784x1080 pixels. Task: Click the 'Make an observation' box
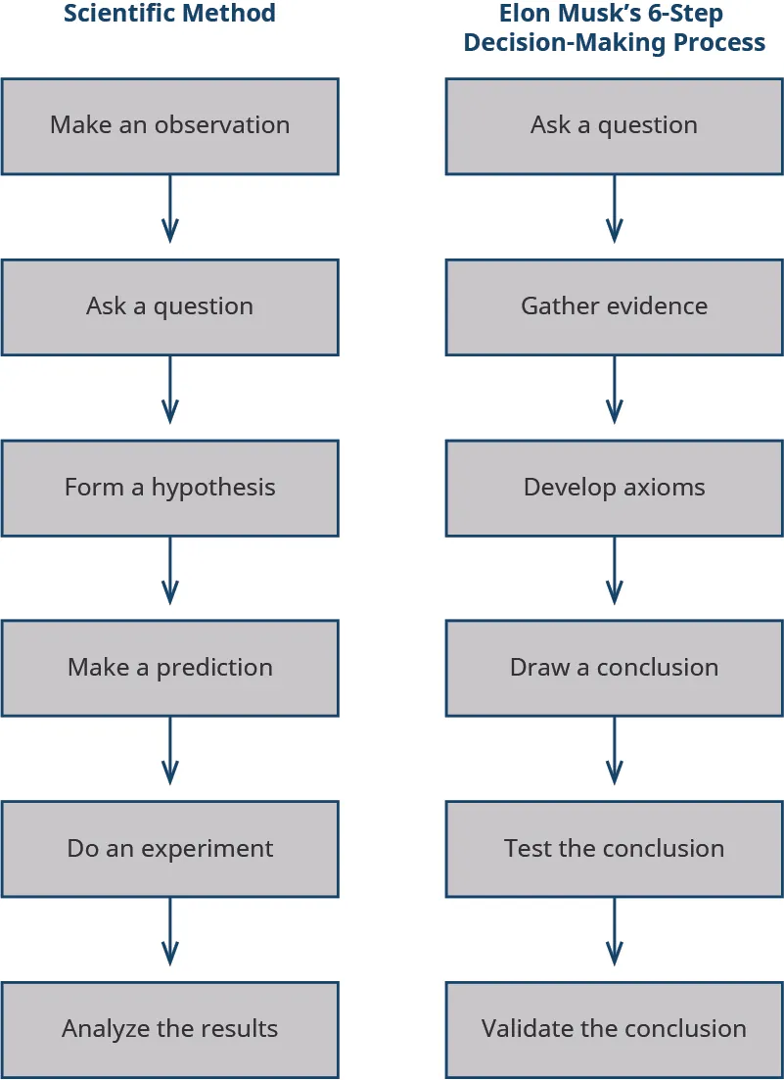(169, 126)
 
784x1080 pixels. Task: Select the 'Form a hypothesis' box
(169, 488)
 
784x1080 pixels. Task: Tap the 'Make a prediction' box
(169, 668)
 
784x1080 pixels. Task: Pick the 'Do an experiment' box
(169, 849)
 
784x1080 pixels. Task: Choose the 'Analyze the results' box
(169, 1029)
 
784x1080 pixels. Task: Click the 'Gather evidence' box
(614, 306)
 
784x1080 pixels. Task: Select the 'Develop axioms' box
(614, 488)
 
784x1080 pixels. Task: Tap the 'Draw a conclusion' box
(614, 668)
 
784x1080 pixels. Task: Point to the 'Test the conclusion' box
(614, 849)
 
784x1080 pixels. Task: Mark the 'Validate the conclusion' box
(614, 1029)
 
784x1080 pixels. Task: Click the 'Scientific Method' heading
(169, 14)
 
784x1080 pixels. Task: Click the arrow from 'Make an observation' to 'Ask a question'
(169, 209)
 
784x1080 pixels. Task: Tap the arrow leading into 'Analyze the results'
(169, 931)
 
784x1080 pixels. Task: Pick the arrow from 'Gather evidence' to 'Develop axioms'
(614, 390)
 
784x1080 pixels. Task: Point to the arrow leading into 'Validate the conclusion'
(614, 931)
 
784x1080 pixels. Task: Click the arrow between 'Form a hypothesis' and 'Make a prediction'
(169, 570)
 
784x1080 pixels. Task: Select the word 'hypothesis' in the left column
(213, 488)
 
